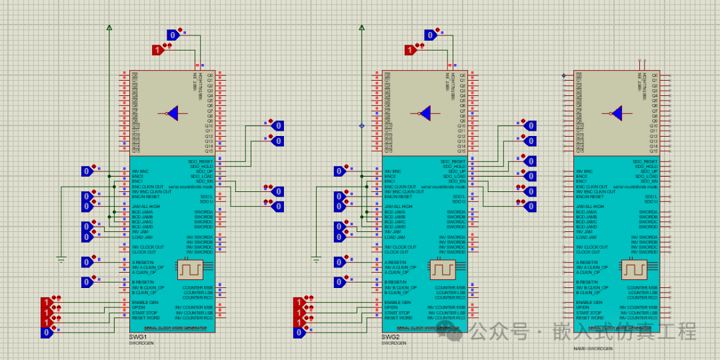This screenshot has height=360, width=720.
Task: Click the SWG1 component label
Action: point(137,337)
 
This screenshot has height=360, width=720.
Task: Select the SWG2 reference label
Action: point(390,337)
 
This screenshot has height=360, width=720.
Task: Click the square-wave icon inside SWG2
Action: point(441,269)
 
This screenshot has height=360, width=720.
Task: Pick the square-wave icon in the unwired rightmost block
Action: point(633,269)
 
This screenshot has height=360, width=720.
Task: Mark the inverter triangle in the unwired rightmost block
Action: point(617,114)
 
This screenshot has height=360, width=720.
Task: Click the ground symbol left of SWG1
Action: point(61,259)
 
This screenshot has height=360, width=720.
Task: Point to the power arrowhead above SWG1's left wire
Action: point(109,28)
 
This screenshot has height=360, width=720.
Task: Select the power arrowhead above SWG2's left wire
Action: point(362,28)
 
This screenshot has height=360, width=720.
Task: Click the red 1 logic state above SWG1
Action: point(158,49)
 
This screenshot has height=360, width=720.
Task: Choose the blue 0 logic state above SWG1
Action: point(173,35)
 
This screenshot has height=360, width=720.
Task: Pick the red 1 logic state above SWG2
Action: point(411,49)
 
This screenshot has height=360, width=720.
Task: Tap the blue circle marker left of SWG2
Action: point(362,125)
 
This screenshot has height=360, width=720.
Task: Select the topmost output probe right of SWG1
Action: point(278,125)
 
